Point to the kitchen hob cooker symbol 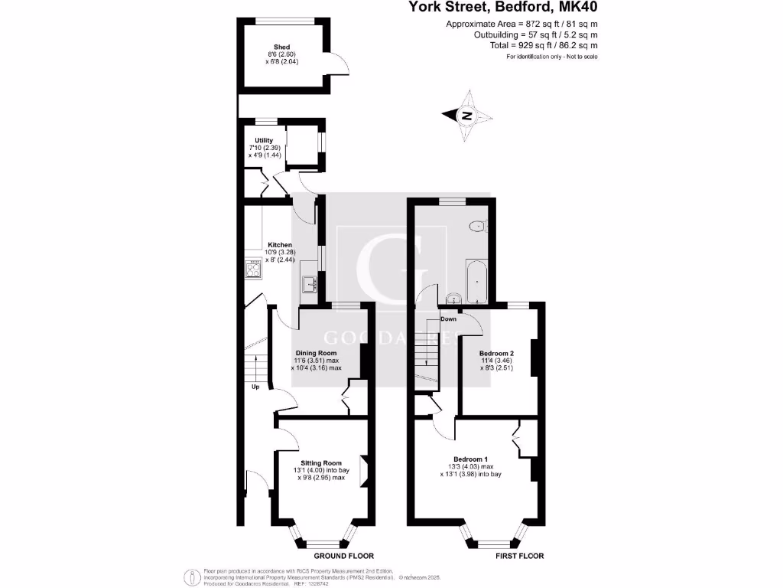pyautogui.click(x=253, y=268)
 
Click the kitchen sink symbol pyautogui.click(x=310, y=285)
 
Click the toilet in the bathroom pyautogui.click(x=479, y=225)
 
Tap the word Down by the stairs pyautogui.click(x=449, y=319)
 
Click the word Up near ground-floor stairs pyautogui.click(x=255, y=387)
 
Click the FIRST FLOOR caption pyautogui.click(x=520, y=556)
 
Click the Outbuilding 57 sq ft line pyautogui.click(x=535, y=34)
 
